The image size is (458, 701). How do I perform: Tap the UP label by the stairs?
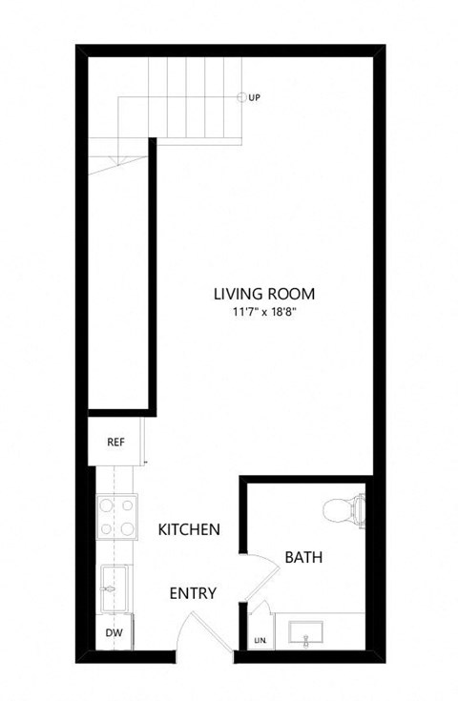pyautogui.click(x=255, y=97)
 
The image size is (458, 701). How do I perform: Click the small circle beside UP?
pyautogui.click(x=242, y=97)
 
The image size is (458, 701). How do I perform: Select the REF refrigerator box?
pyautogui.click(x=116, y=442)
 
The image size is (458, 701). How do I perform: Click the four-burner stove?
pyautogui.click(x=116, y=517)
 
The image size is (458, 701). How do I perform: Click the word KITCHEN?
pyautogui.click(x=190, y=529)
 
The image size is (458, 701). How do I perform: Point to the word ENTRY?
pyautogui.click(x=193, y=593)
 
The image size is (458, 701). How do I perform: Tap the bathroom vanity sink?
pyautogui.click(x=305, y=631)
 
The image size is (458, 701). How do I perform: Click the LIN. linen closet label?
pyautogui.click(x=259, y=641)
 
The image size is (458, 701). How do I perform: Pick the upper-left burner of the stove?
pyautogui.click(x=106, y=506)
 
